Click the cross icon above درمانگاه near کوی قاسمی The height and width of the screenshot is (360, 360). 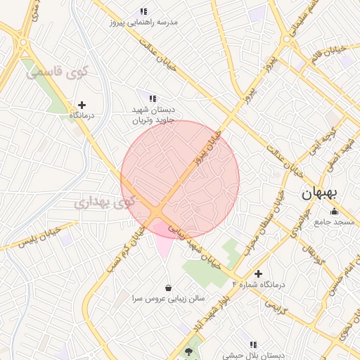point(82,104)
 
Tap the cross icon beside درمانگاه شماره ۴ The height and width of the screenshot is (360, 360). point(258,274)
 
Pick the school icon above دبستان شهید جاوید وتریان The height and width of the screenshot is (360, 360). point(152,98)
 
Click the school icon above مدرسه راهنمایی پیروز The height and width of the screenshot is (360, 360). point(144,11)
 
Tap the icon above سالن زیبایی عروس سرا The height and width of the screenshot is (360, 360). point(169,287)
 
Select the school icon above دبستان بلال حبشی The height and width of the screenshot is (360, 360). point(254,345)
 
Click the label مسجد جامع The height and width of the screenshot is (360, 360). point(335,222)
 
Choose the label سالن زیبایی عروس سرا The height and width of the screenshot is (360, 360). point(169,298)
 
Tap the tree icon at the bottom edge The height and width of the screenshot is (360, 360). point(188,351)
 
